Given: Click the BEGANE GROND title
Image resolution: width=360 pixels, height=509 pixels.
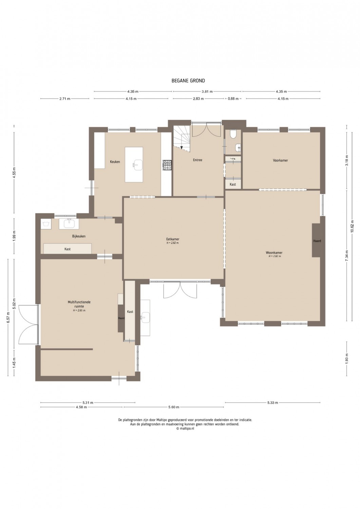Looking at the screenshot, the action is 188,80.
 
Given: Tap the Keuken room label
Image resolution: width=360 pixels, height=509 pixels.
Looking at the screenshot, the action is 115,162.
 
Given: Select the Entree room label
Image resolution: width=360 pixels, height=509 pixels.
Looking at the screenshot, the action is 197,160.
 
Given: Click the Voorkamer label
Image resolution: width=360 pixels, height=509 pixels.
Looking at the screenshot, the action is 280,160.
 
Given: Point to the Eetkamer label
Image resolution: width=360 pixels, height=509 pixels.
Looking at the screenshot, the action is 173,239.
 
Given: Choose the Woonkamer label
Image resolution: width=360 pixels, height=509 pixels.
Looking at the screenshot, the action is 274,252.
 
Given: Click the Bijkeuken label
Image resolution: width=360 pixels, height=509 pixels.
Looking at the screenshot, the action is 79,236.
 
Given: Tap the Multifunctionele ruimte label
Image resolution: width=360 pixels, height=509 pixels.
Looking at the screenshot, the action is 79,304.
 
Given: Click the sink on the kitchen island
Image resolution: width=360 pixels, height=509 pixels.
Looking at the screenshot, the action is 137,165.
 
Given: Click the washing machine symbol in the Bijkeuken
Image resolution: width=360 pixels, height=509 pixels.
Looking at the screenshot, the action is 46,224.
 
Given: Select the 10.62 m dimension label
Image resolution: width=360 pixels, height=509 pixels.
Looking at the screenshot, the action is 352,226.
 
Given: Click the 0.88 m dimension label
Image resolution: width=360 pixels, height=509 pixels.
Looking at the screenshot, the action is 233,99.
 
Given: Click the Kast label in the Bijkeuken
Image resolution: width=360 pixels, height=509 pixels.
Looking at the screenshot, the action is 67,249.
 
